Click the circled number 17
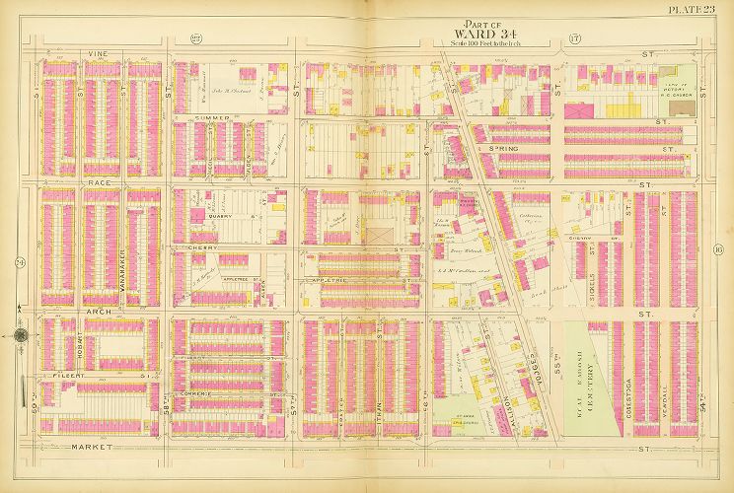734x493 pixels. tap(574, 39)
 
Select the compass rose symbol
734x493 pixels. tap(20, 336)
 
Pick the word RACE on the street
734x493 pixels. tap(70, 182)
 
